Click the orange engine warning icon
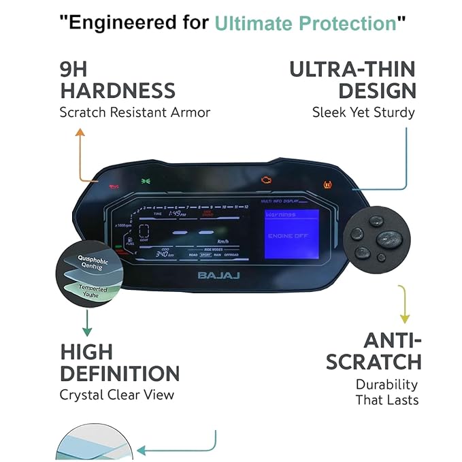(266, 182)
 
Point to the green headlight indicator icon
(145, 181)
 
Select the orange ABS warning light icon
(327, 184)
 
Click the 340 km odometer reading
(165, 254)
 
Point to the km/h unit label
(222, 241)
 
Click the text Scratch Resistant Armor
(135, 112)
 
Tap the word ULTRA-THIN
(352, 69)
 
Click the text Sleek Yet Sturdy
(363, 112)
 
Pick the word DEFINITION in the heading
(119, 373)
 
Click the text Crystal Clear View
(116, 395)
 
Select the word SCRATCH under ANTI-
(373, 361)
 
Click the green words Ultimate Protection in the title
(306, 24)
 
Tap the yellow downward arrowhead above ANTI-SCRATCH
(404, 318)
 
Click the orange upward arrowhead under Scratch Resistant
(80, 132)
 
